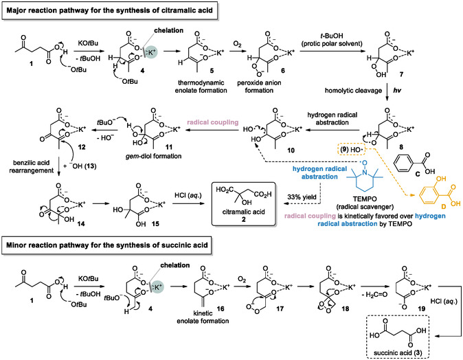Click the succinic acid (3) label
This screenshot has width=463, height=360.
pos(398,353)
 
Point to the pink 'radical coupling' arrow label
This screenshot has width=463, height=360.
pos(212,122)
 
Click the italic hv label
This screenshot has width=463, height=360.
pos(397,91)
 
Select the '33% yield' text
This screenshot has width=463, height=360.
pos(302,196)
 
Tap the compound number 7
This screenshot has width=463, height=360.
pos(401,74)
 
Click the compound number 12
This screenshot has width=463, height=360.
pos(82,147)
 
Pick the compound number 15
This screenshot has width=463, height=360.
pos(155,223)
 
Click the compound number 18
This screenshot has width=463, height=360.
pos(345,308)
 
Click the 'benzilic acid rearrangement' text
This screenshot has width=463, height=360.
pos(32,166)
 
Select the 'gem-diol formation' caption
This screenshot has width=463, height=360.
pos(154,156)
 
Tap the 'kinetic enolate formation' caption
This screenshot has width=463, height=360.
pos(203,317)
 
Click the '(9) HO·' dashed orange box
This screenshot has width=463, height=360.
pos(352,150)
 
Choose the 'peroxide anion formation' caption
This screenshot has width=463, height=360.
pos(259,87)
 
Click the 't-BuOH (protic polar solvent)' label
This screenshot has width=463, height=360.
pos(332,40)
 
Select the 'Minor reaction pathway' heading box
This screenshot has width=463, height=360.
pos(106,245)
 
